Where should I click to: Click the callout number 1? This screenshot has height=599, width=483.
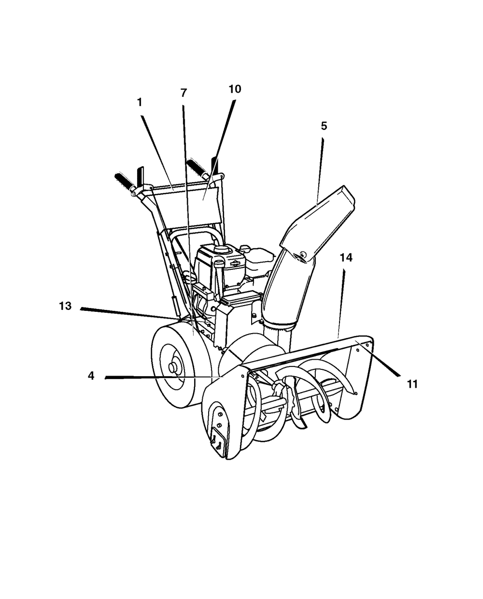(x=140, y=102)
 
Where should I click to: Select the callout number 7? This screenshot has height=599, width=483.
(x=184, y=93)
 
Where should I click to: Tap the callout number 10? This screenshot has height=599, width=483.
(x=235, y=89)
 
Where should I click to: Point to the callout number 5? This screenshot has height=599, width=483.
(x=324, y=126)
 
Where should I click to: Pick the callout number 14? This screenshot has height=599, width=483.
(x=346, y=258)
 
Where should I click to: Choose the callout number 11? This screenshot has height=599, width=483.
(x=412, y=384)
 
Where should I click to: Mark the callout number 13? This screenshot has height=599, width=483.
(x=65, y=306)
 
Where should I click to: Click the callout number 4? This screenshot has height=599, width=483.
(x=91, y=376)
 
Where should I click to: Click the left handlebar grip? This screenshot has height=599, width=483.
(x=124, y=181)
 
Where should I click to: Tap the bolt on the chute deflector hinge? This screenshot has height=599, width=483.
(x=303, y=254)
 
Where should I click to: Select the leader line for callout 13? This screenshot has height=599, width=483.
(x=129, y=314)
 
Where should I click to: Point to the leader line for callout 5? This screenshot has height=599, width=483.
(x=320, y=172)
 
